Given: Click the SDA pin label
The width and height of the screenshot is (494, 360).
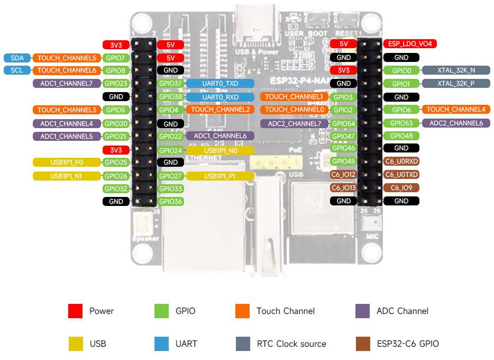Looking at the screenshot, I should tap(16, 58).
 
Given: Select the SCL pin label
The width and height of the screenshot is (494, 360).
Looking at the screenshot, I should tap(16, 70).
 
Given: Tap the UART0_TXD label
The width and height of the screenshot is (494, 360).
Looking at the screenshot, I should tap(220, 84).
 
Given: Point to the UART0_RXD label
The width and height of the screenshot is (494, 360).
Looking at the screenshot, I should tap(220, 97).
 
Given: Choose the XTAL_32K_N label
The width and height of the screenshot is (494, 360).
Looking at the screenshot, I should tap(456, 70).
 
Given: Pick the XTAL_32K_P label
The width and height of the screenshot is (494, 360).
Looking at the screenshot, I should tap(456, 84).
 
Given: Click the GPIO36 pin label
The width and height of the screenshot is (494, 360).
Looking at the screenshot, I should tap(171, 201).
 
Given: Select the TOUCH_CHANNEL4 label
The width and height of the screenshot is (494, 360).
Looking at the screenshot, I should tap(455, 110).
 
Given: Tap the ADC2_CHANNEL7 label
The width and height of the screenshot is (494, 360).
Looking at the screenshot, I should tap(294, 123).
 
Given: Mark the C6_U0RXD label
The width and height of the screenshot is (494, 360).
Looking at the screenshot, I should tap(401, 161).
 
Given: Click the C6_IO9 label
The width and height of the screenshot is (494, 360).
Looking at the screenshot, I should tap(401, 188).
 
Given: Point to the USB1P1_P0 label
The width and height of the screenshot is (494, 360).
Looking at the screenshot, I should tap(67, 163).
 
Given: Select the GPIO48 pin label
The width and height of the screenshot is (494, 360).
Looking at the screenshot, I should tap(401, 136).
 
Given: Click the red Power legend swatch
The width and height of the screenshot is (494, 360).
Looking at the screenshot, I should tap(76, 311).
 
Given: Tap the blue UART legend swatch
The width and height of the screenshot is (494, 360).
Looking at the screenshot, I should tap(161, 344).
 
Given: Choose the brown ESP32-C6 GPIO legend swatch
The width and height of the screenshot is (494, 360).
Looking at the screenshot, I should tap(363, 344).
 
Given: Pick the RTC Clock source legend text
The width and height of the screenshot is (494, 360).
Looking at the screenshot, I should tap(291, 344).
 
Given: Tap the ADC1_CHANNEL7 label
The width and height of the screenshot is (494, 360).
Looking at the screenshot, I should tap(67, 84).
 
